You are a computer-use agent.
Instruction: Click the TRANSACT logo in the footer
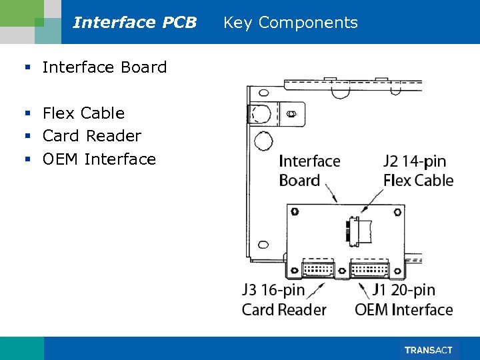[x=429, y=350]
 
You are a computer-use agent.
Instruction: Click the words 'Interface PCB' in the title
[x=135, y=23]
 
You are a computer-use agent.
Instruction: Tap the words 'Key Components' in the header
[x=290, y=23]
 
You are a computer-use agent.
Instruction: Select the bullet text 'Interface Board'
[x=104, y=67]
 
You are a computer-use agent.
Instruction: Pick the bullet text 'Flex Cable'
[x=83, y=113]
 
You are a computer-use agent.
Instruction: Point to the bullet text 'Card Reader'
[x=91, y=136]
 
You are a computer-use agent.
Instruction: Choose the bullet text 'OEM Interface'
[x=99, y=159]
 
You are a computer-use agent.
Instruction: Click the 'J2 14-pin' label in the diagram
[x=415, y=161]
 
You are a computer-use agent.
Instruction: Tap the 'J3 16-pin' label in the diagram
[x=273, y=290]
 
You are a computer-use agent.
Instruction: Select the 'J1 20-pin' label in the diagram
[x=403, y=290]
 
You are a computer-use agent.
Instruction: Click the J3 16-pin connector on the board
[x=317, y=269]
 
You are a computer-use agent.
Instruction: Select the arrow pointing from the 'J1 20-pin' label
[x=364, y=288]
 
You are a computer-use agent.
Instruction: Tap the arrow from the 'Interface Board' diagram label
[x=332, y=194]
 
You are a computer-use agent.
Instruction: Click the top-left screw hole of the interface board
[x=295, y=212]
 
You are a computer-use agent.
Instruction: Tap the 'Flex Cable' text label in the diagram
[x=418, y=181]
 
